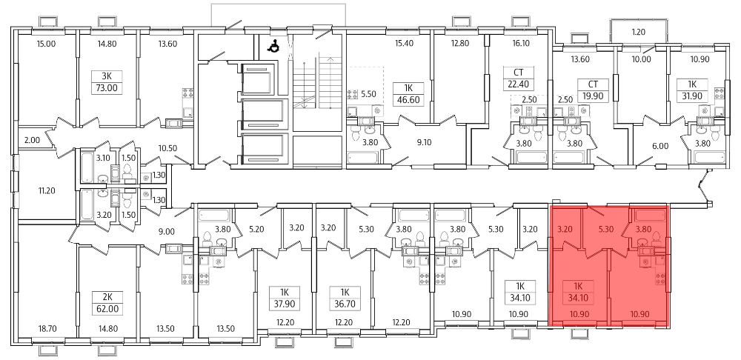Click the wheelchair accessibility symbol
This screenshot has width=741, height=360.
[273, 46]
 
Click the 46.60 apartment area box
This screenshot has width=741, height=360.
[408, 100]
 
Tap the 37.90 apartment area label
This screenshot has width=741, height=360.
[285, 304]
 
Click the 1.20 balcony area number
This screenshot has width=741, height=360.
[639, 33]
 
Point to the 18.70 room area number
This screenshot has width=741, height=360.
[47, 328]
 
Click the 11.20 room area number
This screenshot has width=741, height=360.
[47, 191]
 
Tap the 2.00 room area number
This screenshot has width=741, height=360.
[32, 140]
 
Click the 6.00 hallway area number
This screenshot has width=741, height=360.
[660, 147]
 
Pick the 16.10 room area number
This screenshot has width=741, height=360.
[522, 44]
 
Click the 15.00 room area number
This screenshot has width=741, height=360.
[46, 44]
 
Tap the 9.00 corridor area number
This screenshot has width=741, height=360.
[167, 232]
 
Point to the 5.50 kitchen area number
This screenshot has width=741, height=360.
[368, 94]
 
